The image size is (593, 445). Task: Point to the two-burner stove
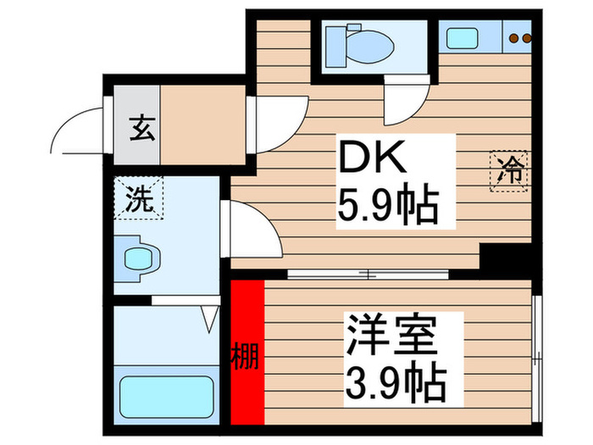click(x=518, y=37)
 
